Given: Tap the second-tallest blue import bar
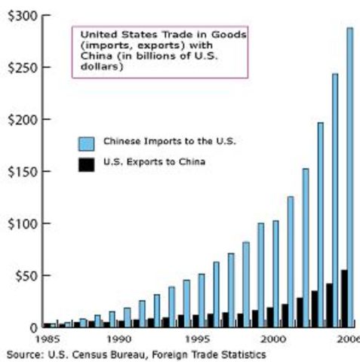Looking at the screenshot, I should tap(335, 200).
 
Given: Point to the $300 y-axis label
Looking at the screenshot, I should tap(21, 16).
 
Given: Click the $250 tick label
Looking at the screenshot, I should tap(21, 68).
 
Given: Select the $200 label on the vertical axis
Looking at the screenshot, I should tap(21, 120).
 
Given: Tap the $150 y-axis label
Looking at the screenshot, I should tap(21, 172).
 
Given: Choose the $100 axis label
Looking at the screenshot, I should tap(21, 224).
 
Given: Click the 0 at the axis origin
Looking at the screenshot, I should tap(33, 327).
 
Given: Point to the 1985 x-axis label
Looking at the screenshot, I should tap(48, 340).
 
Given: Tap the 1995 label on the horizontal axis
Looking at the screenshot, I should tap(195, 340).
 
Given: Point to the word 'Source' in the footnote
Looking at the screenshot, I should tap(23, 353).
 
